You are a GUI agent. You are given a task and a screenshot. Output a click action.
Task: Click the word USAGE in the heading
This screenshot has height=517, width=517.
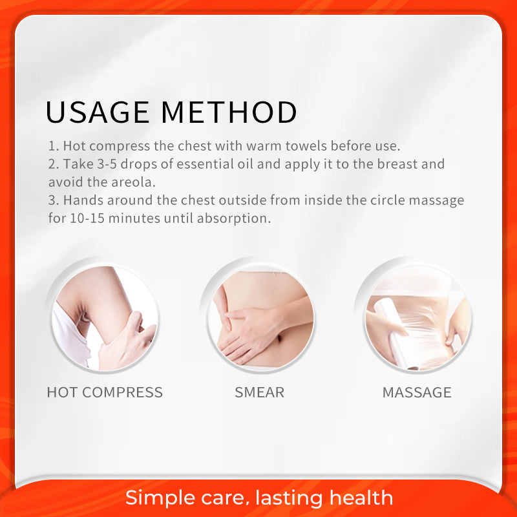98,112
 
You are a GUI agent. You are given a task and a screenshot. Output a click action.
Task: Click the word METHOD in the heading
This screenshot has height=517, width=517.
229,112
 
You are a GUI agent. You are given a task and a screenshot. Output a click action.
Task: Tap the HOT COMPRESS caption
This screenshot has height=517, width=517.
105,392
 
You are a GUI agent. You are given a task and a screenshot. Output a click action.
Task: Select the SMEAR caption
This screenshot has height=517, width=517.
260,392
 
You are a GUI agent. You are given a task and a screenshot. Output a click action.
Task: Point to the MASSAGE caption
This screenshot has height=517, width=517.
417,392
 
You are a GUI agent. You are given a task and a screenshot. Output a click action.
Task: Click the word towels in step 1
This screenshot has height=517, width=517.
306,146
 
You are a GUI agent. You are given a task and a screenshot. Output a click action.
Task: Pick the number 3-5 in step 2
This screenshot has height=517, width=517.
107,164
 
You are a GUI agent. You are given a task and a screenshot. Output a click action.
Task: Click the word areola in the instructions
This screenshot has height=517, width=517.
133,182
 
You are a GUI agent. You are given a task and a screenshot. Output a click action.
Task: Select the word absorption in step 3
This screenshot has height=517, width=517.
234,218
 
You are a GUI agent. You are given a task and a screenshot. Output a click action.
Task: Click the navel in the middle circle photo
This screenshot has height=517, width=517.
280,337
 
